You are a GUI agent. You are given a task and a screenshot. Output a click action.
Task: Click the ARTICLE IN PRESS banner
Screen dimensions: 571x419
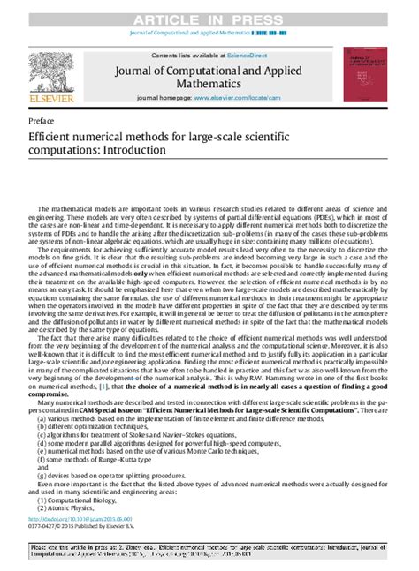(209, 10)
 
